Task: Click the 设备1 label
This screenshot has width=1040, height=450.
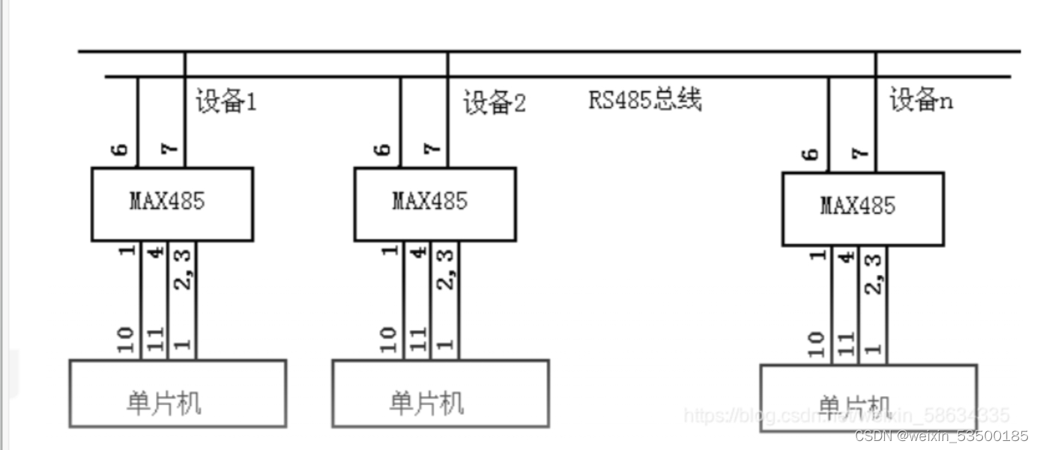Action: [226, 101]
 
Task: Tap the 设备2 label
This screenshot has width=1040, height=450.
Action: [494, 103]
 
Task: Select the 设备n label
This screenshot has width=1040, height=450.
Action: [921, 99]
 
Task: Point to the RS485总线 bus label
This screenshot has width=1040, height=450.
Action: [644, 99]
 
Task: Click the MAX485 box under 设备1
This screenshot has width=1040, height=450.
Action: [172, 204]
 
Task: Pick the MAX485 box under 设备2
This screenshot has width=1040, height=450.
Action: [435, 204]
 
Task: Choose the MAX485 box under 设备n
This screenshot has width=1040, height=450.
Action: [862, 208]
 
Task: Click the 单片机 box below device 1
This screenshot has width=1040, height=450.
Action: [178, 393]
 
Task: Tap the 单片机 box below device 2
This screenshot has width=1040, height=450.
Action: [440, 393]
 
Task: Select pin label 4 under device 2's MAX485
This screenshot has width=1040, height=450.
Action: [417, 251]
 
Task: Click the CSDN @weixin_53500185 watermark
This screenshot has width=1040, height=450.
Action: [941, 436]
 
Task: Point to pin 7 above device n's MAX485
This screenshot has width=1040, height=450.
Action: [861, 154]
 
